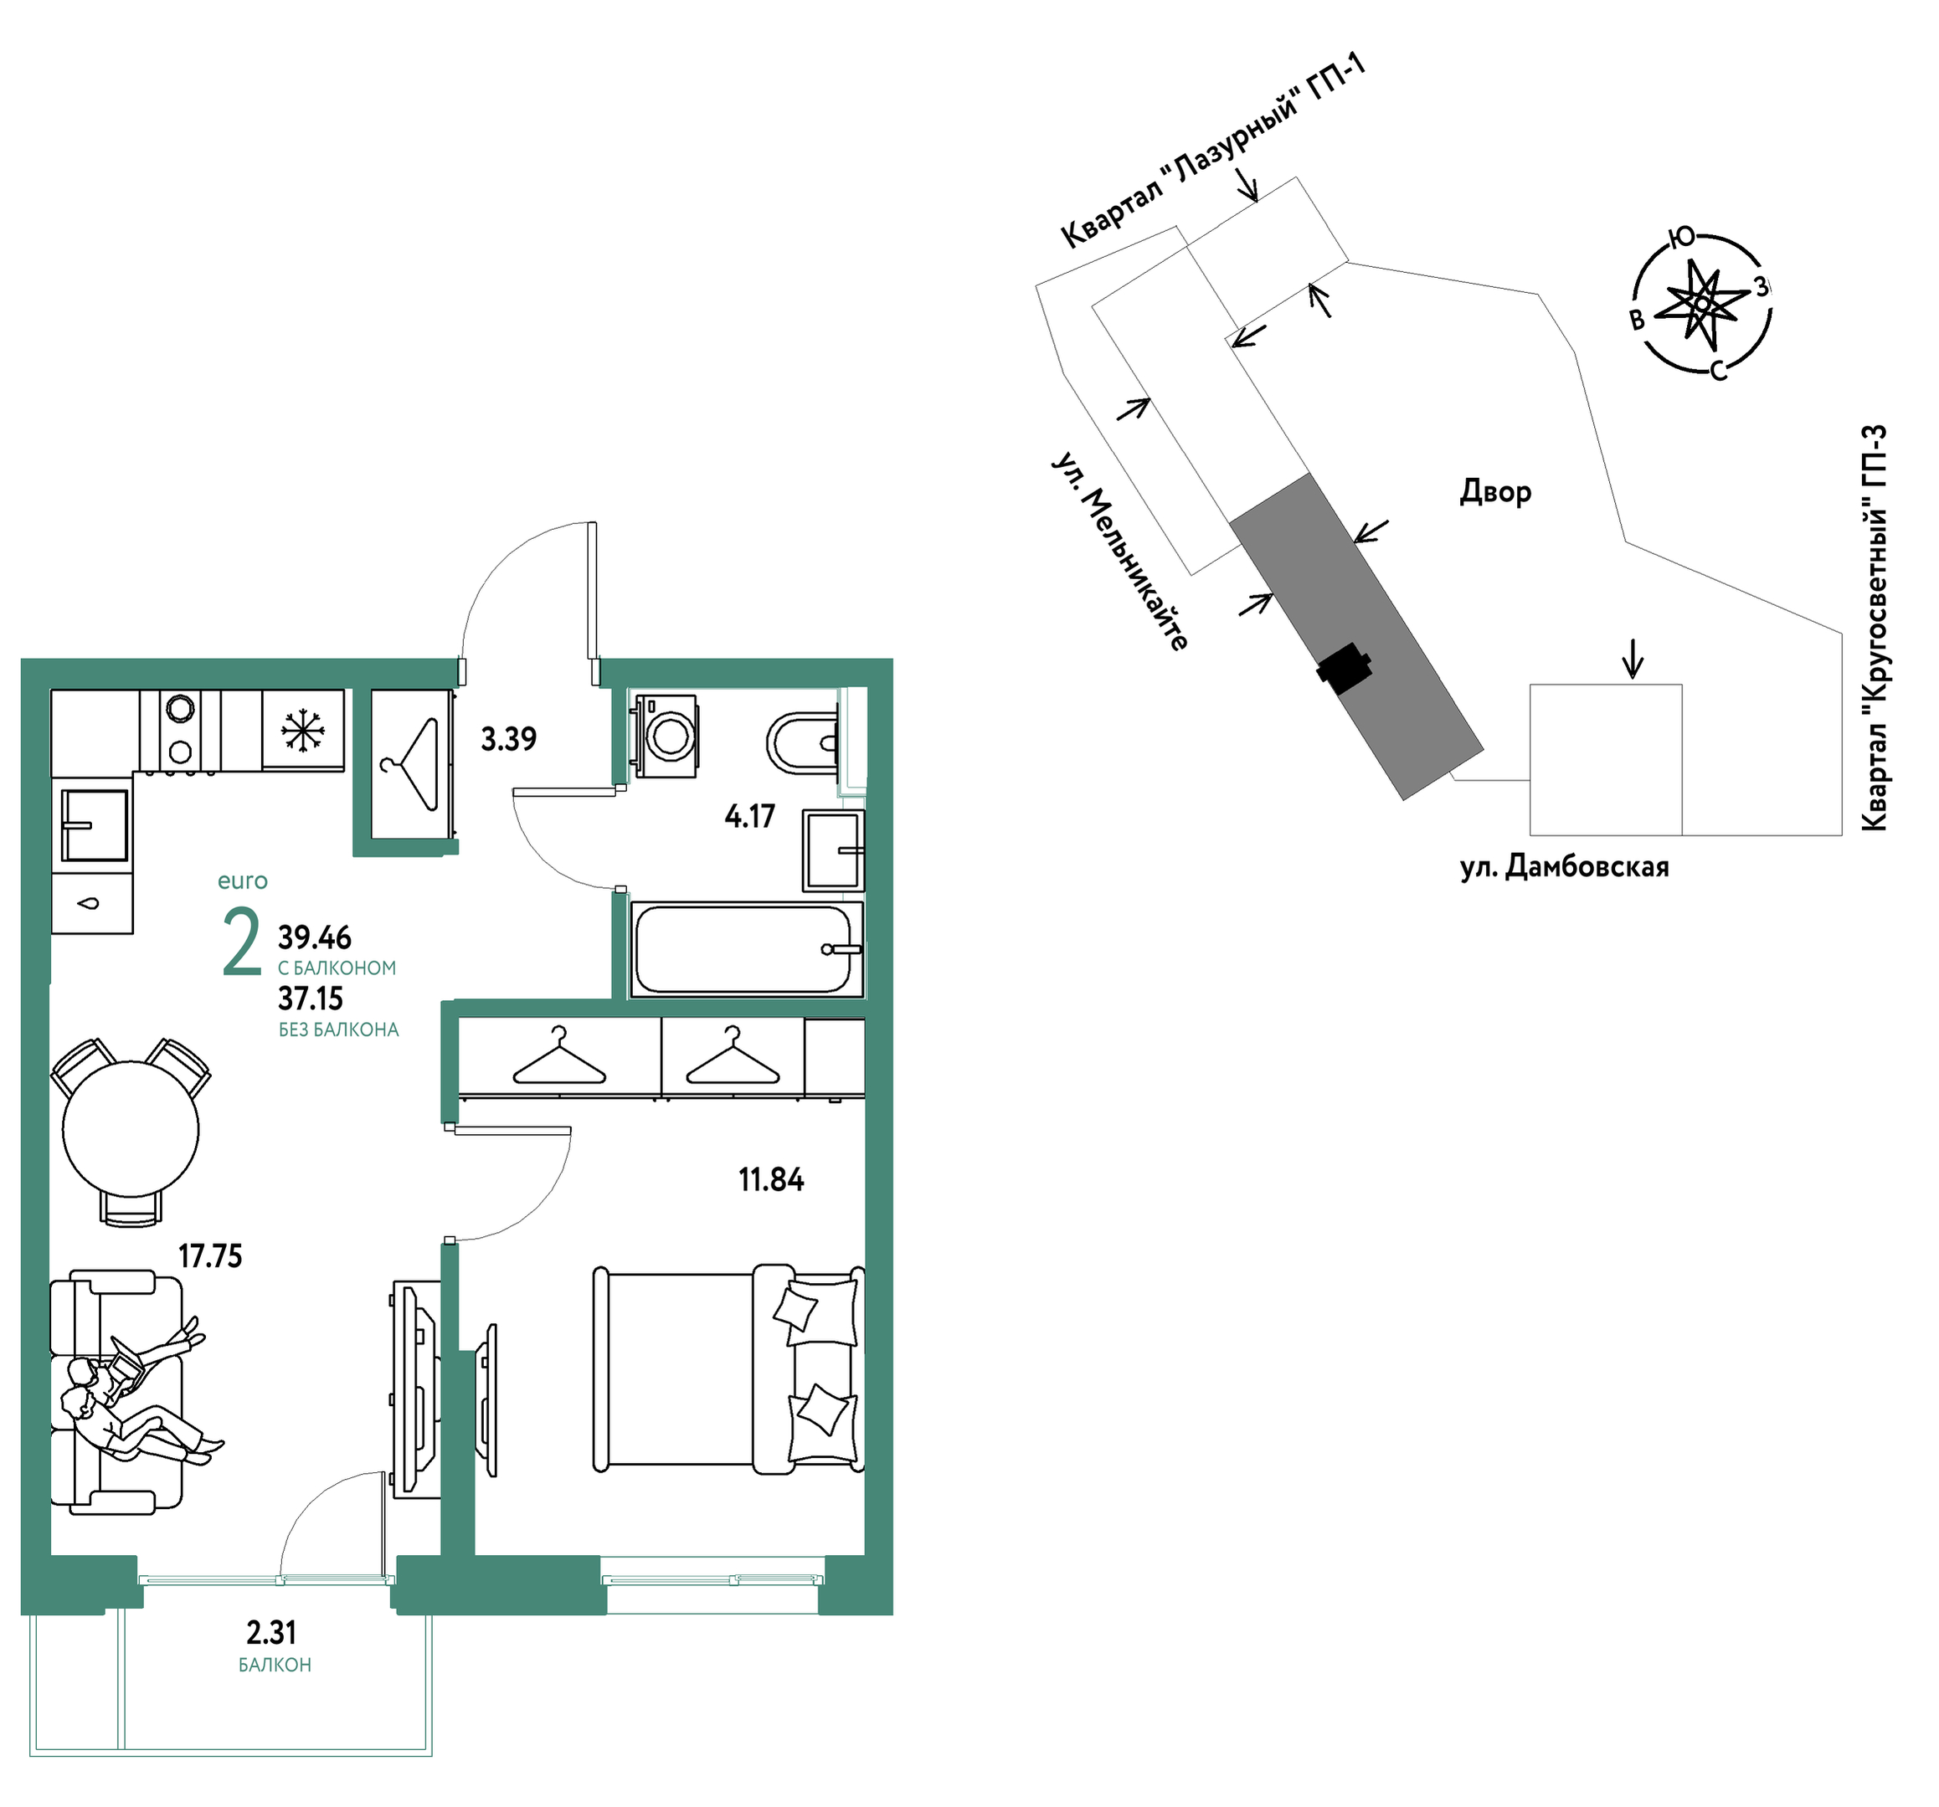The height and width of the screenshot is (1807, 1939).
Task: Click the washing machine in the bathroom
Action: [666, 736]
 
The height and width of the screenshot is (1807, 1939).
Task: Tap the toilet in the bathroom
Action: [803, 743]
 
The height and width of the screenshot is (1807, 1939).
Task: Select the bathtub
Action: [746, 949]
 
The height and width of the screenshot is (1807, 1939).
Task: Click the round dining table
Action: [131, 1130]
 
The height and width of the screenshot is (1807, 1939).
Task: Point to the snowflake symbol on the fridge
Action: [302, 731]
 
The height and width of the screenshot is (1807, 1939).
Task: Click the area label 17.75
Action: [209, 1256]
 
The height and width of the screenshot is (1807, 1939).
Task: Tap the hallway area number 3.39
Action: [508, 739]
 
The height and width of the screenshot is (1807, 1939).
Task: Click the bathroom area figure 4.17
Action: [749, 816]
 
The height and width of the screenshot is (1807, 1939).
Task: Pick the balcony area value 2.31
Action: [271, 1632]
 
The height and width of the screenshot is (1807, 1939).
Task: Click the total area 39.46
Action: [314, 938]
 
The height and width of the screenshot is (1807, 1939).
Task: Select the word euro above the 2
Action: [243, 881]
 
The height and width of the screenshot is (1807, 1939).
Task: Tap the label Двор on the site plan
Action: [1495, 491]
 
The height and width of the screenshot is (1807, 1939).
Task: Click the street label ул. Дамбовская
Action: [1565, 867]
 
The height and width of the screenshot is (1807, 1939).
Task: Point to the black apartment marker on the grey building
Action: [1345, 668]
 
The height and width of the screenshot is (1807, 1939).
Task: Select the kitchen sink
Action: [95, 825]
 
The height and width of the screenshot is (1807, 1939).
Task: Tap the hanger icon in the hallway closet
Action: [413, 763]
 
